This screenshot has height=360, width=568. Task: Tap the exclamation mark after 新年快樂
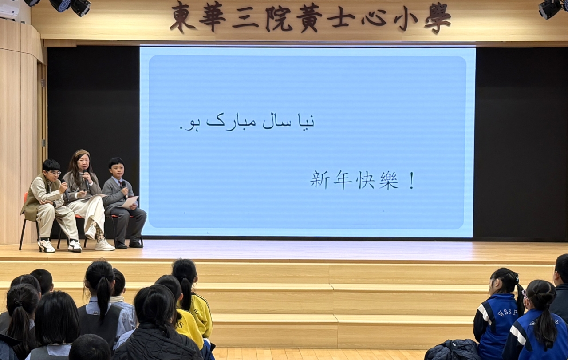pyautogui.click(x=412, y=181)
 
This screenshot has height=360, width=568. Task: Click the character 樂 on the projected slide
pyautogui.click(x=389, y=181)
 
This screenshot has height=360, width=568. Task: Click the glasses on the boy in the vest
pyautogui.click(x=55, y=174)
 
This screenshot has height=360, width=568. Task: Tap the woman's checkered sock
pyautogui.click(x=99, y=231)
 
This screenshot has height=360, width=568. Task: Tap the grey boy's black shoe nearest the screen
pyautogui.click(x=136, y=245)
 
